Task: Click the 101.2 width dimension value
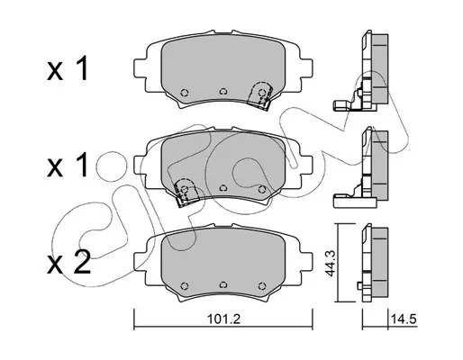[x=223, y=319]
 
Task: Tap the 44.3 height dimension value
[x=331, y=263]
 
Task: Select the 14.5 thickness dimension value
[x=404, y=319]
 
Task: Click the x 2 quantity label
[x=68, y=263]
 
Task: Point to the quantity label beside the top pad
[x=68, y=68]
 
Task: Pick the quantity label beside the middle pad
[x=68, y=165]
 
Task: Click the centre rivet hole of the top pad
[x=222, y=91]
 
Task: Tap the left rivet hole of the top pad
[x=185, y=93]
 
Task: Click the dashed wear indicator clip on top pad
[x=259, y=94]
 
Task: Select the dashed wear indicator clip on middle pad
[x=186, y=193]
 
